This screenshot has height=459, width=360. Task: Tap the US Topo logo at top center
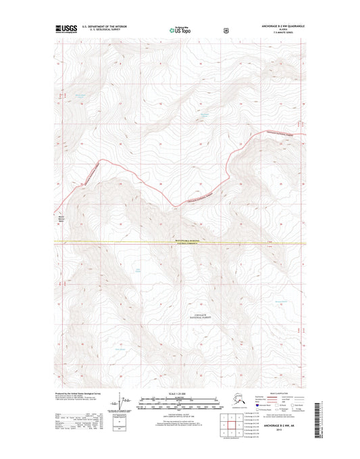tap(181, 30)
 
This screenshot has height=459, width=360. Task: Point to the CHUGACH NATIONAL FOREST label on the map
tap(198, 314)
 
